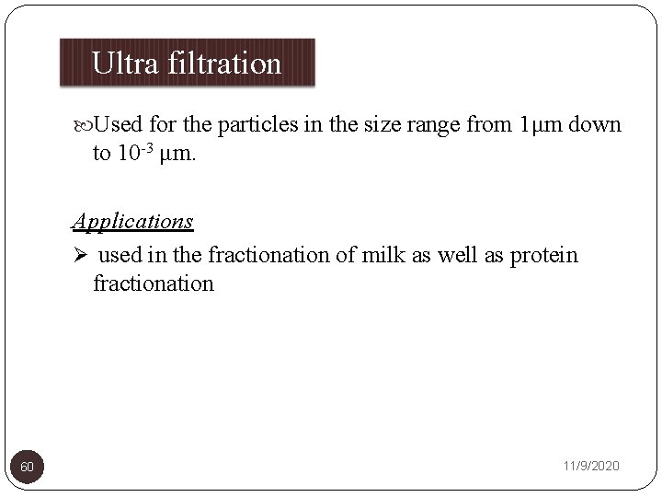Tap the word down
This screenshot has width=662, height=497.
coord(595,124)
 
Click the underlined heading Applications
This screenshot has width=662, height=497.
coord(133,221)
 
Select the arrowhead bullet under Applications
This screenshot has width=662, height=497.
coord(80,255)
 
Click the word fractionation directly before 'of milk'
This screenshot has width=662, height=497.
coord(267,255)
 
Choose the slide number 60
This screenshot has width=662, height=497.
coord(28,468)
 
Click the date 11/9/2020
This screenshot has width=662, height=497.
coord(590,467)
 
